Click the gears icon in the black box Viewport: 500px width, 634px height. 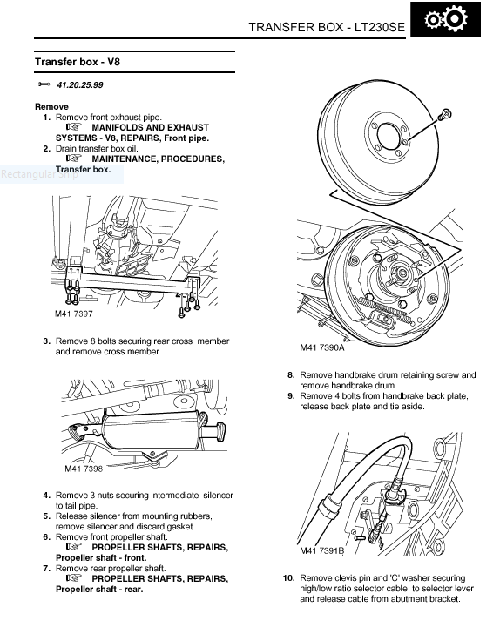(x=446, y=19)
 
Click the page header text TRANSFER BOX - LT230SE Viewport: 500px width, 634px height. (x=327, y=27)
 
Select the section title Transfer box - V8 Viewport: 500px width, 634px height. (x=78, y=62)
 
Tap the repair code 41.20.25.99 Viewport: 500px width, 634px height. (x=80, y=85)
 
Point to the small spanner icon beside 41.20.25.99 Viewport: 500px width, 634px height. (x=44, y=84)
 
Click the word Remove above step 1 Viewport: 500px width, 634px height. (x=51, y=107)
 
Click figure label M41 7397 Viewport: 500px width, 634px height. (x=74, y=314)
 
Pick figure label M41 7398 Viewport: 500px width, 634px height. (x=84, y=469)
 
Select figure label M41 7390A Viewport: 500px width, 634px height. (x=322, y=347)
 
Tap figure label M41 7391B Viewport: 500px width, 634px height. (x=322, y=550)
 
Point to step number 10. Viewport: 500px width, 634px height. (x=289, y=578)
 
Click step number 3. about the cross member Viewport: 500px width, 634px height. (x=47, y=341)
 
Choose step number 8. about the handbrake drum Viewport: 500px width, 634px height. (x=291, y=375)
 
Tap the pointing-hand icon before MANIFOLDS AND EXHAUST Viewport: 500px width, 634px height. (x=74, y=126)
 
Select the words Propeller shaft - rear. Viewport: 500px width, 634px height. (x=99, y=589)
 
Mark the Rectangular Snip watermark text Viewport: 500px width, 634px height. (x=39, y=174)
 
